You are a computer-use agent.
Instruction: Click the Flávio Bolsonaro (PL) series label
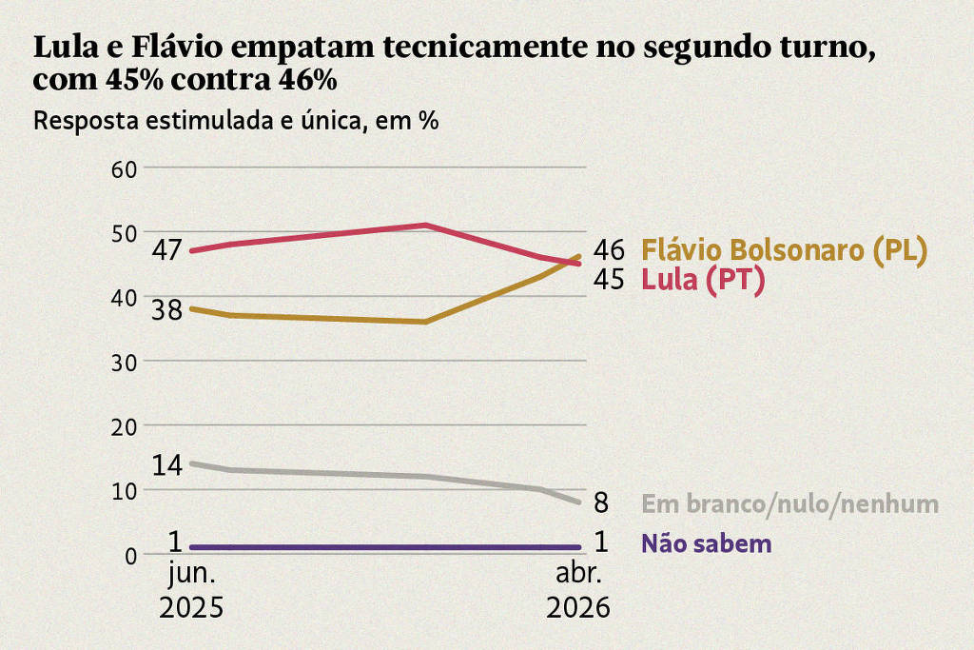pyautogui.click(x=784, y=250)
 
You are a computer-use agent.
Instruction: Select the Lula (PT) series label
pyautogui.click(x=703, y=280)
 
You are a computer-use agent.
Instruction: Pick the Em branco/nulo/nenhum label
pyautogui.click(x=790, y=503)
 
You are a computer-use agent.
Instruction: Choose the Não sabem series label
pyautogui.click(x=706, y=544)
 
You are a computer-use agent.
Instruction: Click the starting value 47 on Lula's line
pyautogui.click(x=167, y=251)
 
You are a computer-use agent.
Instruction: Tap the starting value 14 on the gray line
pyautogui.click(x=167, y=465)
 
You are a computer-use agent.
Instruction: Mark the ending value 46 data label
pyautogui.click(x=609, y=250)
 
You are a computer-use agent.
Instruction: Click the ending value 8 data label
pyautogui.click(x=601, y=502)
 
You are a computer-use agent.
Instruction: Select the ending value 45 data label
pyautogui.click(x=609, y=279)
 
